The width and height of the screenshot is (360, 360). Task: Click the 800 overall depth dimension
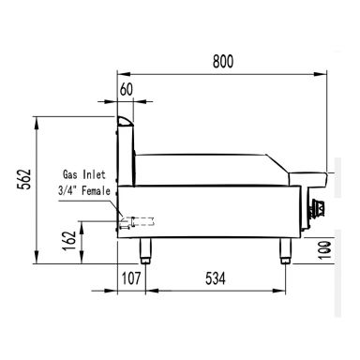(x=223, y=62)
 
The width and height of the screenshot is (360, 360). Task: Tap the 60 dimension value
(x=127, y=90)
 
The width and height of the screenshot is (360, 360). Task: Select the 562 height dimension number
(x=24, y=179)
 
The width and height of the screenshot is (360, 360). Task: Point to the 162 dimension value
(x=69, y=240)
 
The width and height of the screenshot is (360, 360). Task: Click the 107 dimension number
(x=131, y=278)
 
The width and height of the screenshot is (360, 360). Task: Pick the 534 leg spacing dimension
(x=216, y=278)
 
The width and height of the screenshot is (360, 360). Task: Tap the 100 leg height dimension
(x=324, y=250)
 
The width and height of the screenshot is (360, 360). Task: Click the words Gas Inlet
(x=84, y=174)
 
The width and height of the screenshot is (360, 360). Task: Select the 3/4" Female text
(x=84, y=190)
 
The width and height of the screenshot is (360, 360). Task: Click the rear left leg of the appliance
(x=145, y=251)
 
